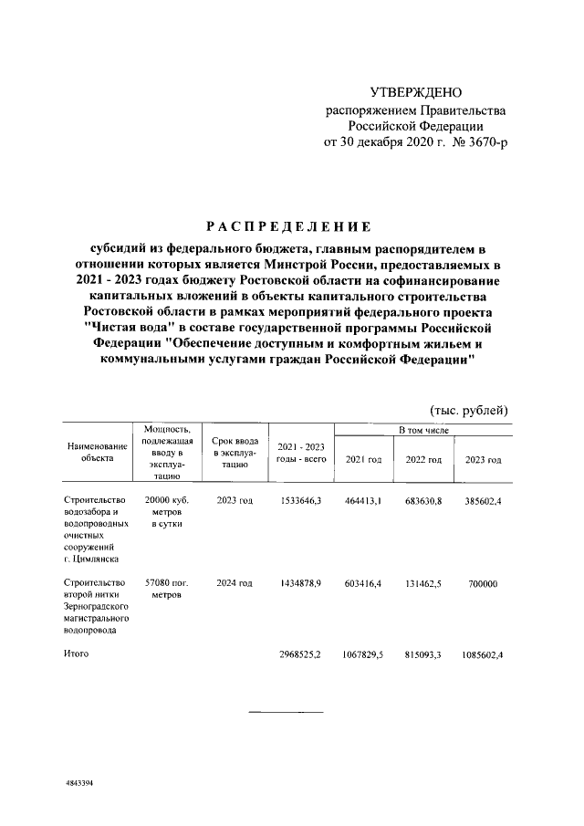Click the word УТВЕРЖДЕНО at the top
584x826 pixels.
coord(416,93)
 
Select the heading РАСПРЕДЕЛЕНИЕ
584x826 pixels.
coord(287,225)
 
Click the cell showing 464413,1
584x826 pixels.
coord(362,502)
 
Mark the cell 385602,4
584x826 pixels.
coord(483,502)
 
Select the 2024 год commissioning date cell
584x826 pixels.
coord(234,581)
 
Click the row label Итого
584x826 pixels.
coord(77,654)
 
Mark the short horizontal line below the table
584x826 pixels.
coord(286,711)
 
